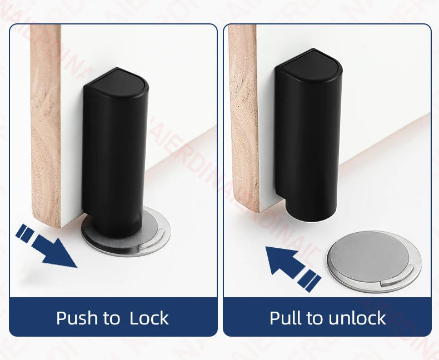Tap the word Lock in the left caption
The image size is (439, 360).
[x=149, y=318]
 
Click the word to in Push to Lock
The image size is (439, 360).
[x=111, y=318]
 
